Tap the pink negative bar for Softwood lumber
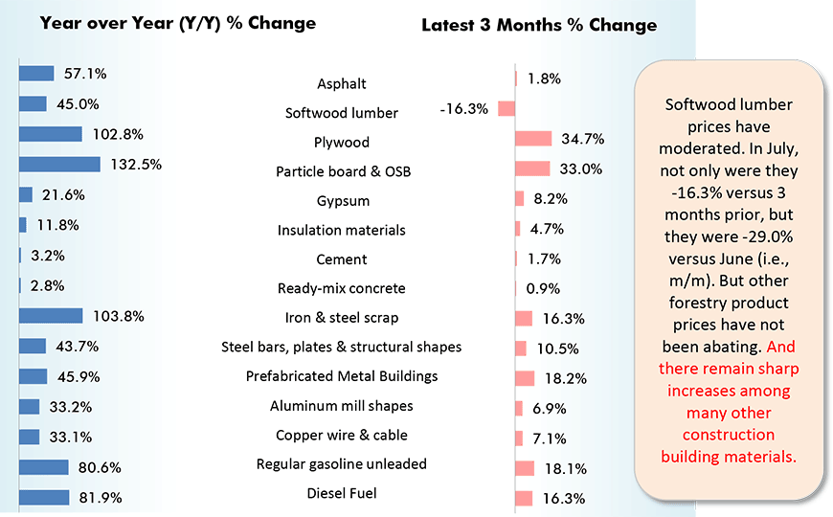tap(507, 108)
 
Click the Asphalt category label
tap(342, 84)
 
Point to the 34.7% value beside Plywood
tap(582, 139)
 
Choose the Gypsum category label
tap(343, 201)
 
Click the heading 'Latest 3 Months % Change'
tap(539, 25)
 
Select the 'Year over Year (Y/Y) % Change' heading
tap(177, 22)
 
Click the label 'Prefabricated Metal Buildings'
tap(342, 376)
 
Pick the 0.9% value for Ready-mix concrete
tap(543, 288)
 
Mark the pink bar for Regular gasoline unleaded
tap(525, 468)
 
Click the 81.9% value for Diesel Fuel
tap(100, 498)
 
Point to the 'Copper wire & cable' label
tap(342, 435)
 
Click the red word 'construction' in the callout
tap(729, 435)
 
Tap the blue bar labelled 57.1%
tap(36, 74)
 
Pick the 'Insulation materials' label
tap(342, 230)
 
